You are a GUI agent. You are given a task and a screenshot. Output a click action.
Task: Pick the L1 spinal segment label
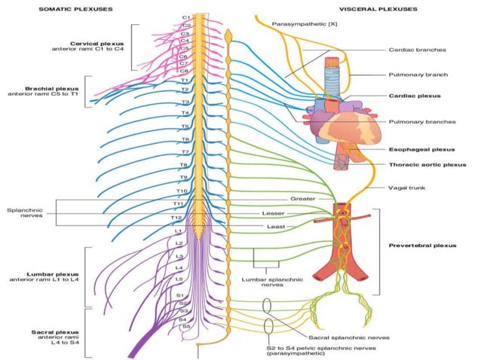click(x=179, y=231)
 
